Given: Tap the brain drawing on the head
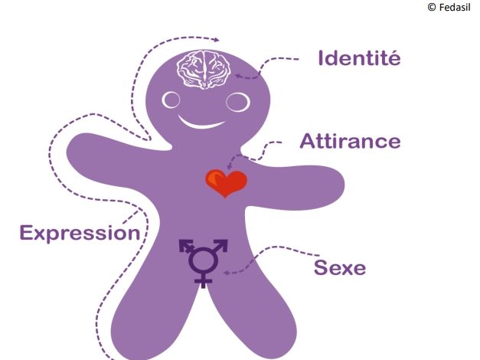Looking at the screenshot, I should coord(205,70).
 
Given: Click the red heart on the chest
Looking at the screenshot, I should coord(226,183).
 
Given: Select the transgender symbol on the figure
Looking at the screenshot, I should coord(203,260).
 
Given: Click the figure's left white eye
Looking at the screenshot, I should coord(171,100).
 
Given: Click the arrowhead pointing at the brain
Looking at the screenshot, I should coord(239,75).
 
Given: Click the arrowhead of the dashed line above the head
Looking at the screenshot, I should coord(219,40).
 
